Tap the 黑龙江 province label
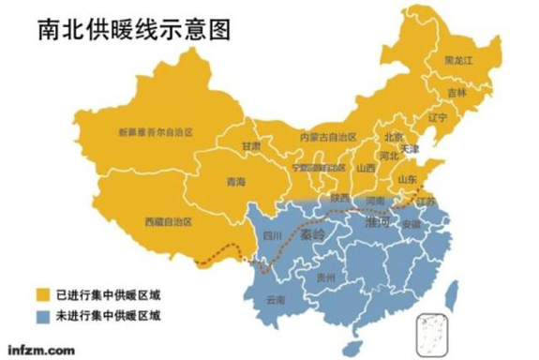coord(458,59)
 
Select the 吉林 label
coord(456,93)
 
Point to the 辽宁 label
coord(436,118)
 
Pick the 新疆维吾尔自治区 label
coord(155,132)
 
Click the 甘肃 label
coord(251,147)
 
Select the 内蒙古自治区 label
coord(329,136)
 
